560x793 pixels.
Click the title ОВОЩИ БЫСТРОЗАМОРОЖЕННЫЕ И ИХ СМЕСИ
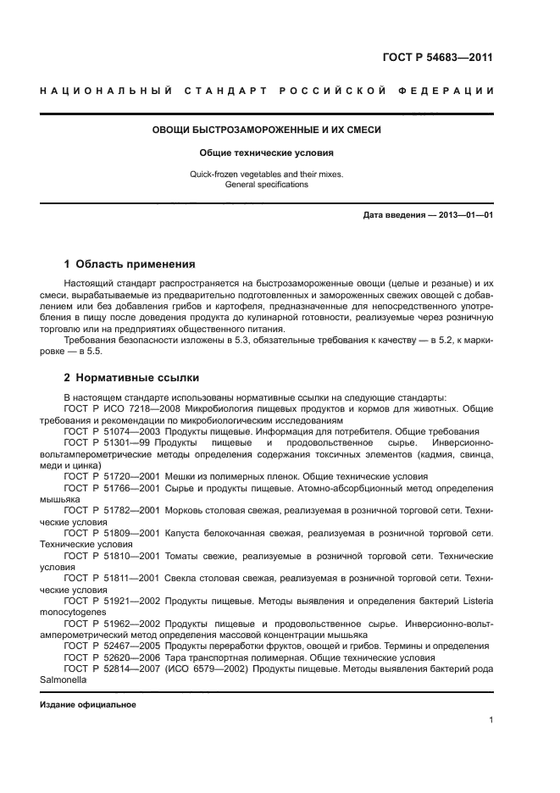click(266, 130)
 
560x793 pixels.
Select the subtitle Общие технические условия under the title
click(266, 153)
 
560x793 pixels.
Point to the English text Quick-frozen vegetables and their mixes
click(266, 175)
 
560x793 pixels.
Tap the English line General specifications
click(266, 185)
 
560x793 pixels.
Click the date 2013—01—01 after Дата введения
click(464, 215)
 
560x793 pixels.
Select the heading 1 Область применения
click(130, 263)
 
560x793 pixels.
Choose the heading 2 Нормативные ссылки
click(131, 377)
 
